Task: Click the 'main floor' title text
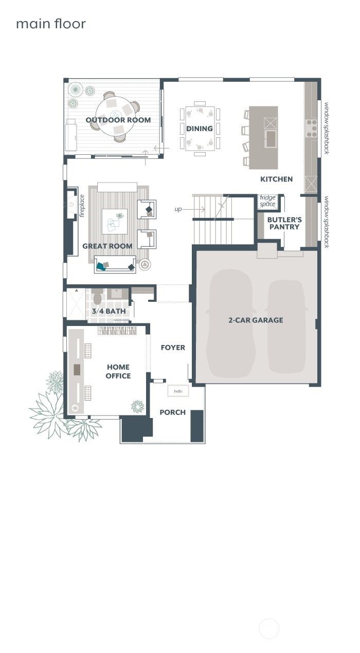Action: click(51, 24)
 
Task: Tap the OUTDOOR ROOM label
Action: click(118, 120)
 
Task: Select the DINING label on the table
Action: click(200, 128)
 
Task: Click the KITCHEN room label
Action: click(276, 179)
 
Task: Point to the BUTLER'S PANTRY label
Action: click(284, 223)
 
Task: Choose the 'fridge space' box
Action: click(267, 201)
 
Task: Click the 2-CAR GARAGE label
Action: click(256, 320)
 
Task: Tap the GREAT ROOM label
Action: click(107, 246)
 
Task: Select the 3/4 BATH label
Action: click(109, 311)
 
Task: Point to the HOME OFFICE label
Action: click(119, 371)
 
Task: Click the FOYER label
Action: click(173, 348)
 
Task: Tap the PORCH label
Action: click(173, 412)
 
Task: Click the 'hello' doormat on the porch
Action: click(178, 391)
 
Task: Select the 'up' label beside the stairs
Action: click(178, 209)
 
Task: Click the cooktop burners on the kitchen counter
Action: click(312, 129)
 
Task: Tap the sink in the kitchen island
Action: click(271, 137)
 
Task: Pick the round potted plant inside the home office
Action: click(137, 406)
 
